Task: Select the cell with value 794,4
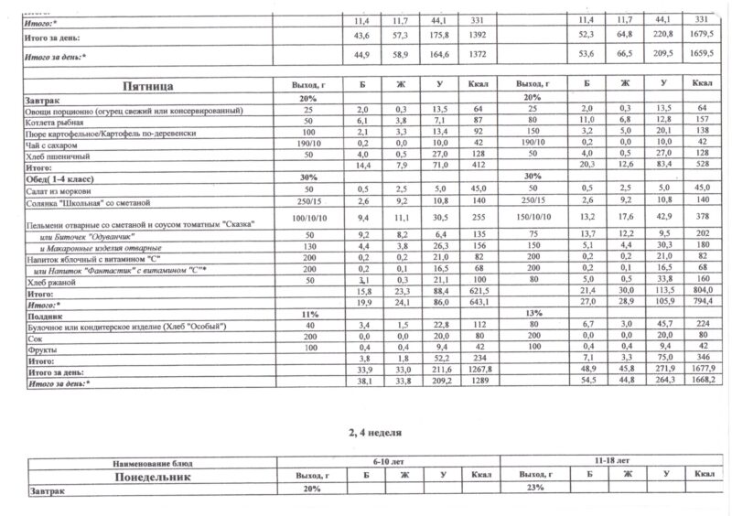tap(702, 301)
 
